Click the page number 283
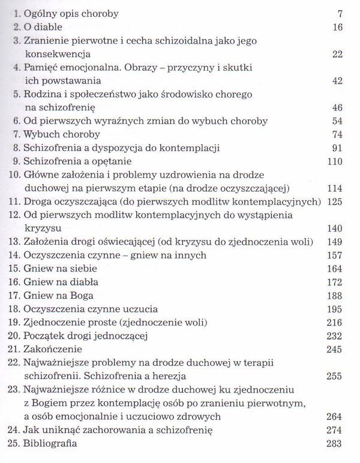point(333,446)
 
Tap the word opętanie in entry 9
point(93,161)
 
